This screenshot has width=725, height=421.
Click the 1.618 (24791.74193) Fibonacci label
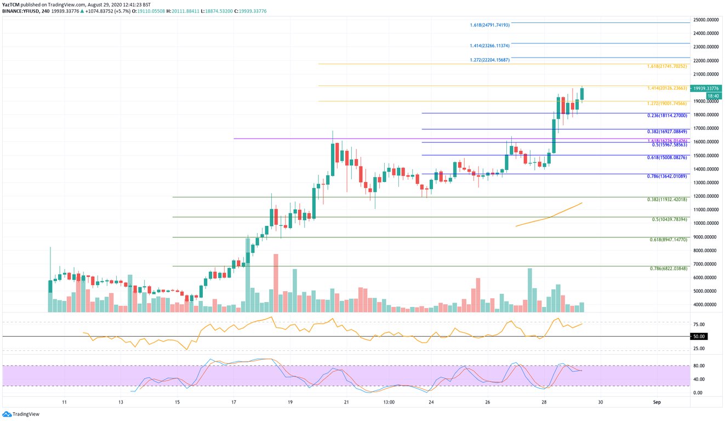click(490, 25)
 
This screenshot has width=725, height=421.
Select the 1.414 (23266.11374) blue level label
click(490, 45)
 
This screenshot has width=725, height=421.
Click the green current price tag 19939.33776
click(706, 88)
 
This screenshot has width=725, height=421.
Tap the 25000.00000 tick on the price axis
click(706, 20)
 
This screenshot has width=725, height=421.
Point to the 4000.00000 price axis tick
click(706, 305)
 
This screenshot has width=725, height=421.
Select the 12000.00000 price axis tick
click(706, 196)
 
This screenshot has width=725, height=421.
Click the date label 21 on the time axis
click(346, 402)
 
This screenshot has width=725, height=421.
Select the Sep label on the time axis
click(657, 402)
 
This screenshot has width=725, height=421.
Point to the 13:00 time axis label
click(389, 402)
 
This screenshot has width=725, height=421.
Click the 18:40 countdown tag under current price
click(713, 96)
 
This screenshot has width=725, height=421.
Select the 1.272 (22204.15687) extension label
click(490, 60)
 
